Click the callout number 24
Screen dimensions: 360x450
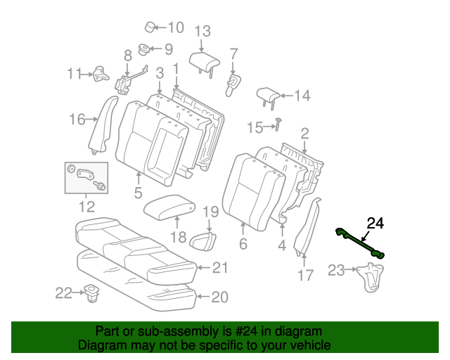[375, 224]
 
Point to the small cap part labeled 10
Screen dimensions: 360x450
[151, 27]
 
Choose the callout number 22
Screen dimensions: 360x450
[63, 293]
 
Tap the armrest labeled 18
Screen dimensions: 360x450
[169, 207]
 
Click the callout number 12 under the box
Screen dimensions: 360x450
[86, 207]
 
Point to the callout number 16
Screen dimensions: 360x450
[77, 120]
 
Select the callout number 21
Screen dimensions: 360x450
[221, 267]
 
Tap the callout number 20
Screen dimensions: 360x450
[219, 297]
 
